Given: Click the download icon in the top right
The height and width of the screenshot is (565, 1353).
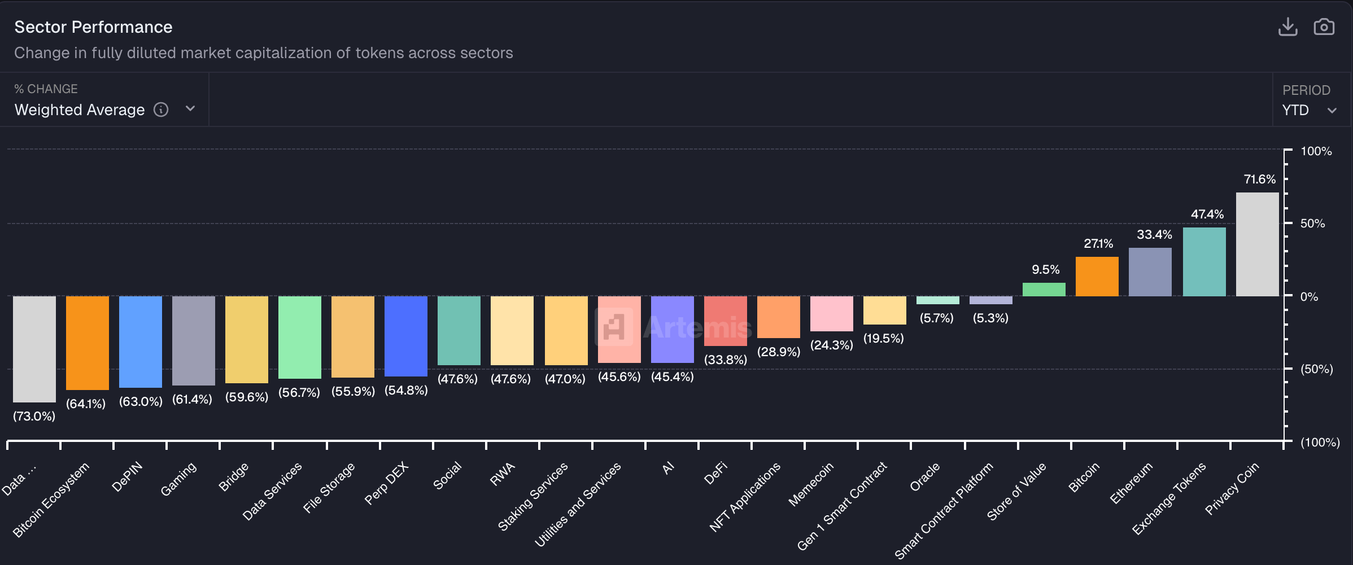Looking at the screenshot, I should pyautogui.click(x=1287, y=27).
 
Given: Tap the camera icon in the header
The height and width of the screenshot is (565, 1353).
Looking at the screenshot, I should pyautogui.click(x=1324, y=27).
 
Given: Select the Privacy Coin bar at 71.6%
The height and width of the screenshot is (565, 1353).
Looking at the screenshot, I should pyautogui.click(x=1257, y=244).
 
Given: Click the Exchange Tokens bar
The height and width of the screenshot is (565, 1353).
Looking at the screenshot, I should pyautogui.click(x=1204, y=262).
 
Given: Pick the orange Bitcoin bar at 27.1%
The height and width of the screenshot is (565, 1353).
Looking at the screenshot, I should pyautogui.click(x=1097, y=277).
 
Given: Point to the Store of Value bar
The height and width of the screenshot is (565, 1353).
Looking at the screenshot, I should pyautogui.click(x=1044, y=290).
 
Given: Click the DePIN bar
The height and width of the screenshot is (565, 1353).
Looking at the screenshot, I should pyautogui.click(x=141, y=341).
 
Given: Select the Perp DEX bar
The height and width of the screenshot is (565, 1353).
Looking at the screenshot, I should pyautogui.click(x=406, y=336).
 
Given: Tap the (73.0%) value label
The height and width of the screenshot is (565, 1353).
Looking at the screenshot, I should pyautogui.click(x=34, y=417).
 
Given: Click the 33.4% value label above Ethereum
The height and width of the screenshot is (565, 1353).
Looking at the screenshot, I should pyautogui.click(x=1154, y=235).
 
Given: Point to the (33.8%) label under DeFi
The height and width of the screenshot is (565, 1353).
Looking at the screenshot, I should pyautogui.click(x=725, y=360).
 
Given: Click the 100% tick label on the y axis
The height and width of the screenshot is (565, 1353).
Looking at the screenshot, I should pyautogui.click(x=1316, y=151).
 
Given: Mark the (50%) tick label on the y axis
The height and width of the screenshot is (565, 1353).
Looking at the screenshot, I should pyautogui.click(x=1316, y=369).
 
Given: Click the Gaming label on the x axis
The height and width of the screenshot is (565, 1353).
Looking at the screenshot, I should pyautogui.click(x=178, y=479).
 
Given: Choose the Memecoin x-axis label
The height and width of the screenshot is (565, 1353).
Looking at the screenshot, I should pyautogui.click(x=811, y=484).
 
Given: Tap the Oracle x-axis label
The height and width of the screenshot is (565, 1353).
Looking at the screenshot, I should pyautogui.click(x=925, y=477).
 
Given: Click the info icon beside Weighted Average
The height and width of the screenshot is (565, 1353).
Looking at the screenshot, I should pyautogui.click(x=161, y=110).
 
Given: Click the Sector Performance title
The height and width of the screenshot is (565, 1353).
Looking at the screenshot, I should pyautogui.click(x=93, y=27).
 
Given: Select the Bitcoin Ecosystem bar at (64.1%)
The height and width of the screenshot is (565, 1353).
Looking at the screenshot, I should pyautogui.click(x=88, y=343).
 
